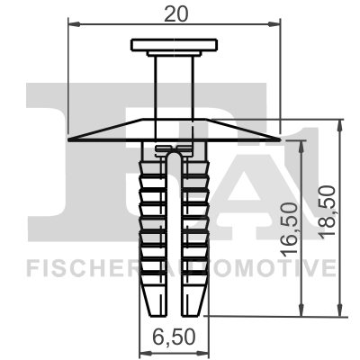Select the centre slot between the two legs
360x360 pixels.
174,234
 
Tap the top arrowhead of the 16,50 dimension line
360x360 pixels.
301,144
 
